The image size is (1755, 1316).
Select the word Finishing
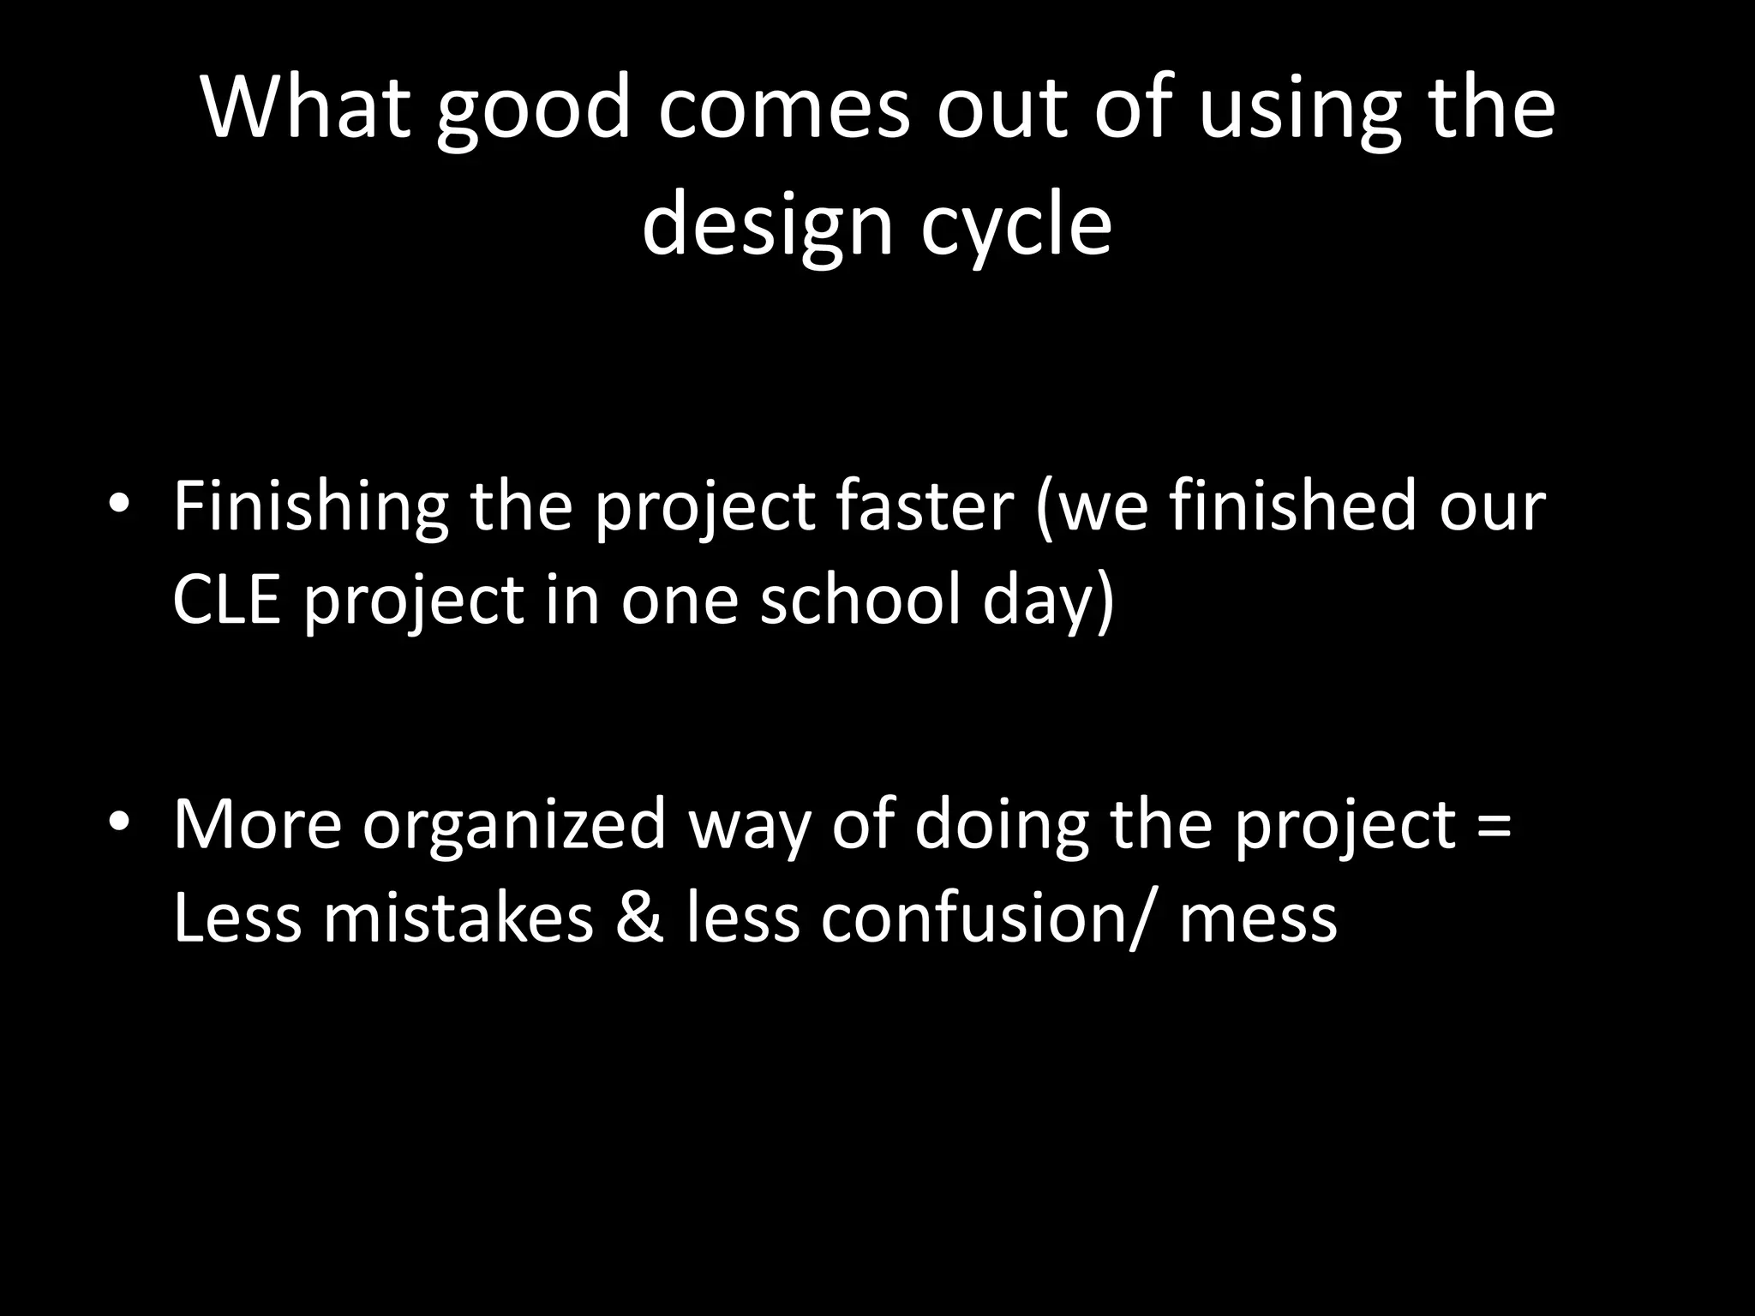tap(310, 507)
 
